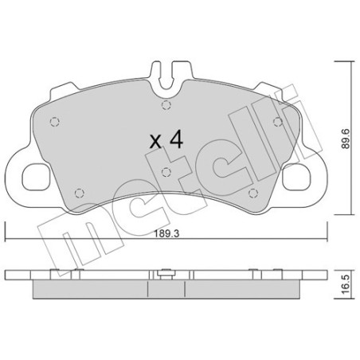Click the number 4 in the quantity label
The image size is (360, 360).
(x=177, y=140)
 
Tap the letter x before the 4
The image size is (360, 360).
(x=157, y=142)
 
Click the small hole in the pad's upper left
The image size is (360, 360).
(x=55, y=121)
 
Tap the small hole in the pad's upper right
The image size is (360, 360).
(x=276, y=119)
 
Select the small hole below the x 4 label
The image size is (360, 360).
(x=164, y=171)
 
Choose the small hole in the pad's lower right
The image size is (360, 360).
(x=252, y=192)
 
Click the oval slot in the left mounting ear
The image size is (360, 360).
(x=36, y=174)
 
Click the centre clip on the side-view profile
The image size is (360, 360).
(x=165, y=277)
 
